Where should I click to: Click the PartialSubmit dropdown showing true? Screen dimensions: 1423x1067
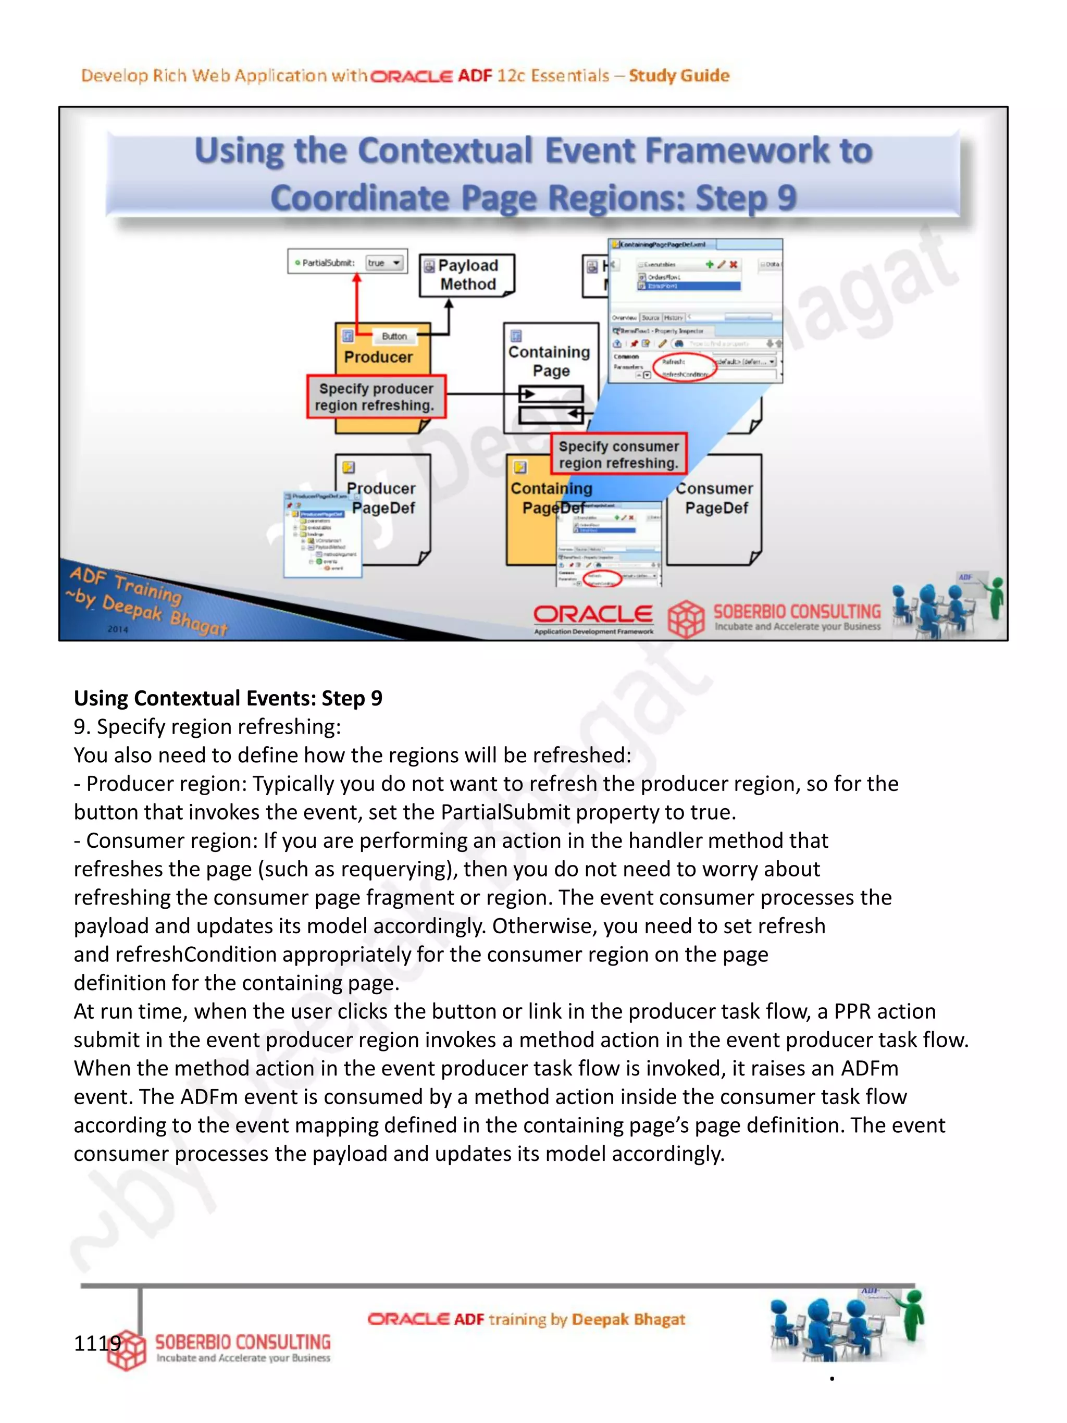[x=384, y=263]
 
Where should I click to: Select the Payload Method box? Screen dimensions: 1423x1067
[x=467, y=275]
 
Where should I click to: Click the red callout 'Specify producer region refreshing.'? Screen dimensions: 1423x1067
[x=376, y=397]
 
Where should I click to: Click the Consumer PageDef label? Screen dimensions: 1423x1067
[x=716, y=498]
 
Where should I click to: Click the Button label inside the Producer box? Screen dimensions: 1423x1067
[x=394, y=336]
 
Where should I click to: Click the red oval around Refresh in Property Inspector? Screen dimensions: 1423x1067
[x=684, y=368]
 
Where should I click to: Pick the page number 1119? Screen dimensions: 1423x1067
[x=97, y=1343]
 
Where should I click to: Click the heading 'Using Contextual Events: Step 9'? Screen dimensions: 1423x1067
[x=228, y=698]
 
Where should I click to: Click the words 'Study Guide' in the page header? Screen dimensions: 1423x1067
[x=679, y=76]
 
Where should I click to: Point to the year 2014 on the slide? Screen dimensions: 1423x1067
[x=118, y=629]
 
